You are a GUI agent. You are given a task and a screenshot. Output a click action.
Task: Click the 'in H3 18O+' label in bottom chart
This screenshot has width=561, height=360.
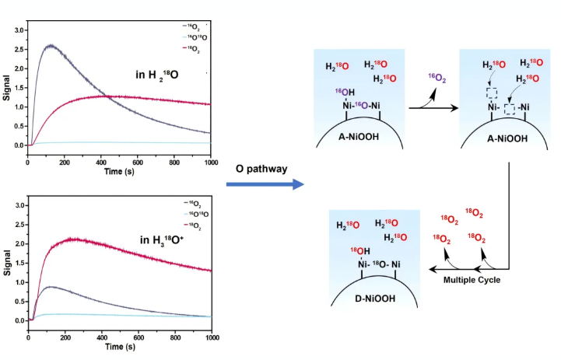coord(162,240)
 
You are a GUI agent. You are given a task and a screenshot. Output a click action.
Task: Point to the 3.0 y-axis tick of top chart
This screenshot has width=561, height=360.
coord(19,30)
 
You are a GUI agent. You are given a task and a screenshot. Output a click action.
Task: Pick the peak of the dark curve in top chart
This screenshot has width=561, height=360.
coord(51,45)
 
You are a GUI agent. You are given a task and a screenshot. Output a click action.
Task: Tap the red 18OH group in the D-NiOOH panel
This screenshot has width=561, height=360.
coord(359,251)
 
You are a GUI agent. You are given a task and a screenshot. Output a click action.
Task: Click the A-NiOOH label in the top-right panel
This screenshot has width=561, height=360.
coord(507,138)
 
